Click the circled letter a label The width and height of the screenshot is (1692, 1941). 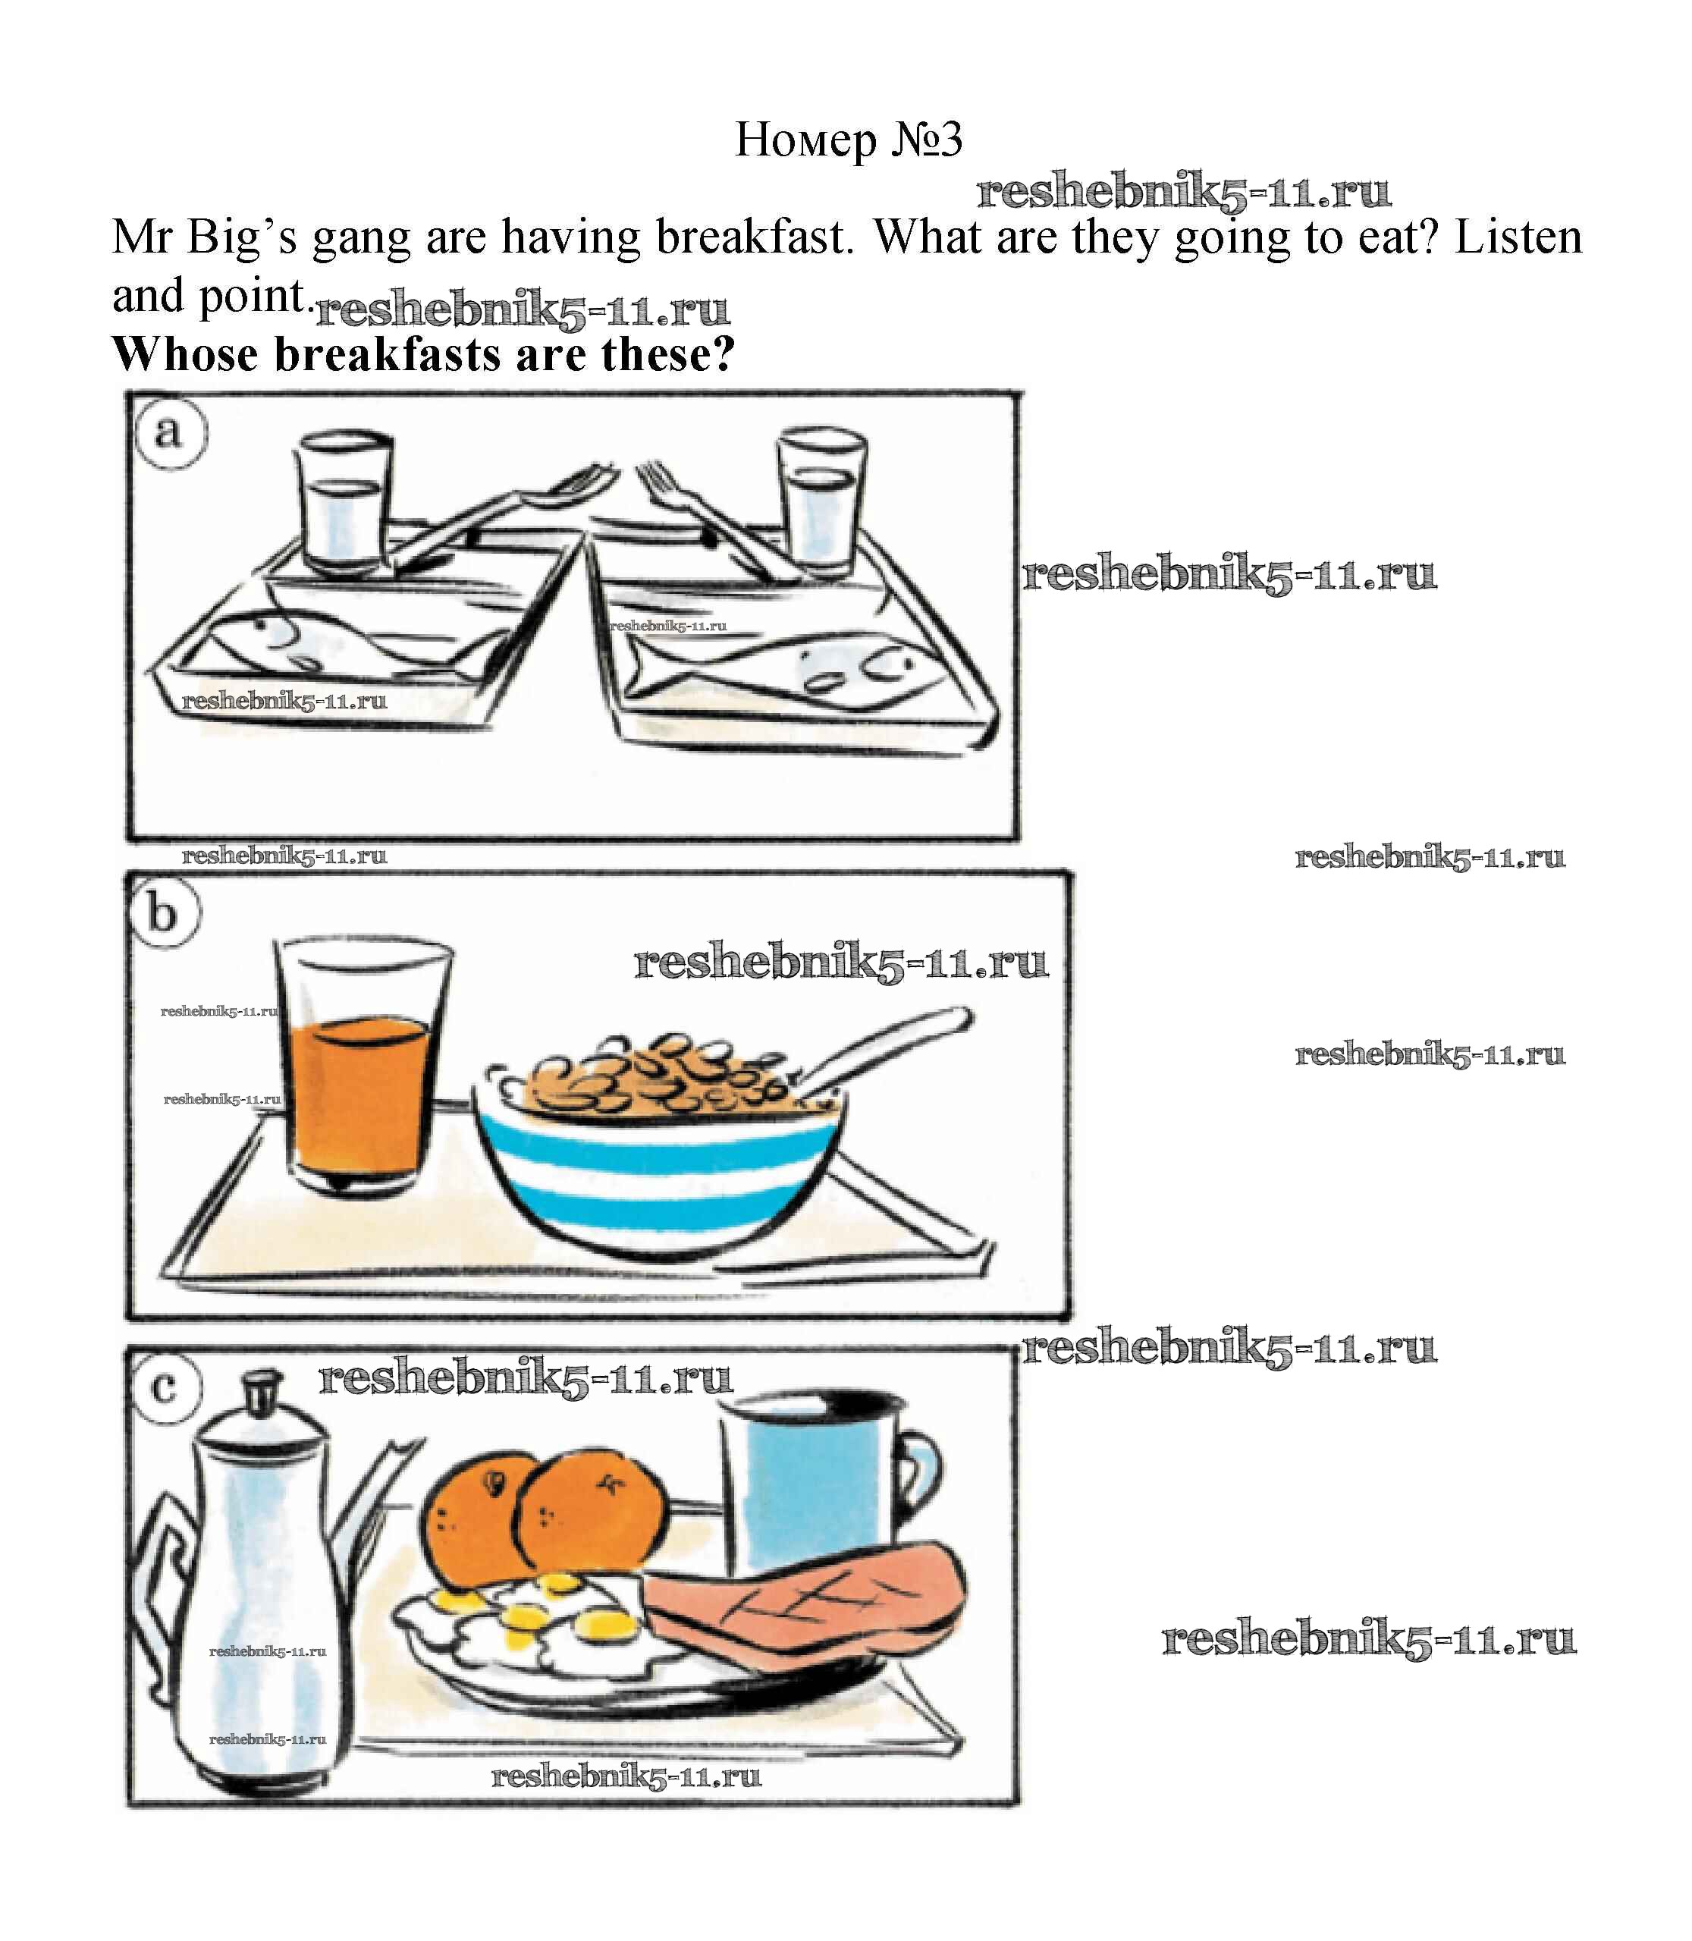tap(169, 433)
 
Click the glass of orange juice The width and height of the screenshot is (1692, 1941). tap(363, 1066)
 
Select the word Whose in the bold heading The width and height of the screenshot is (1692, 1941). tap(185, 354)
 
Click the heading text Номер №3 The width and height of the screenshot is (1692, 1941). tap(849, 140)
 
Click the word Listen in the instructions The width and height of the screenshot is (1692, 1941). tap(1518, 237)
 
